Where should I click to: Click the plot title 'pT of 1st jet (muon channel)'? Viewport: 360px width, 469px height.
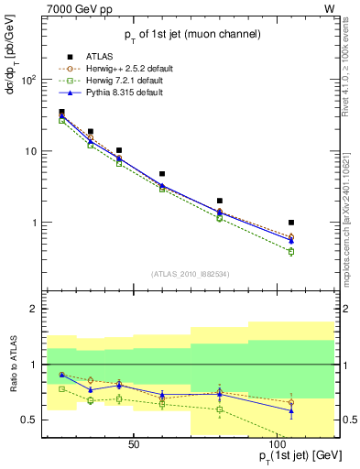pyautogui.click(x=190, y=35)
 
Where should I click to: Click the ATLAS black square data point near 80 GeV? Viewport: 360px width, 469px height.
pyautogui.click(x=220, y=201)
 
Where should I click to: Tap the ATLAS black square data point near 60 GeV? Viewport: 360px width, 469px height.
pyautogui.click(x=162, y=174)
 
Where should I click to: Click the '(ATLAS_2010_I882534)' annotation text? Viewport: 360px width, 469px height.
pyautogui.click(x=190, y=274)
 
